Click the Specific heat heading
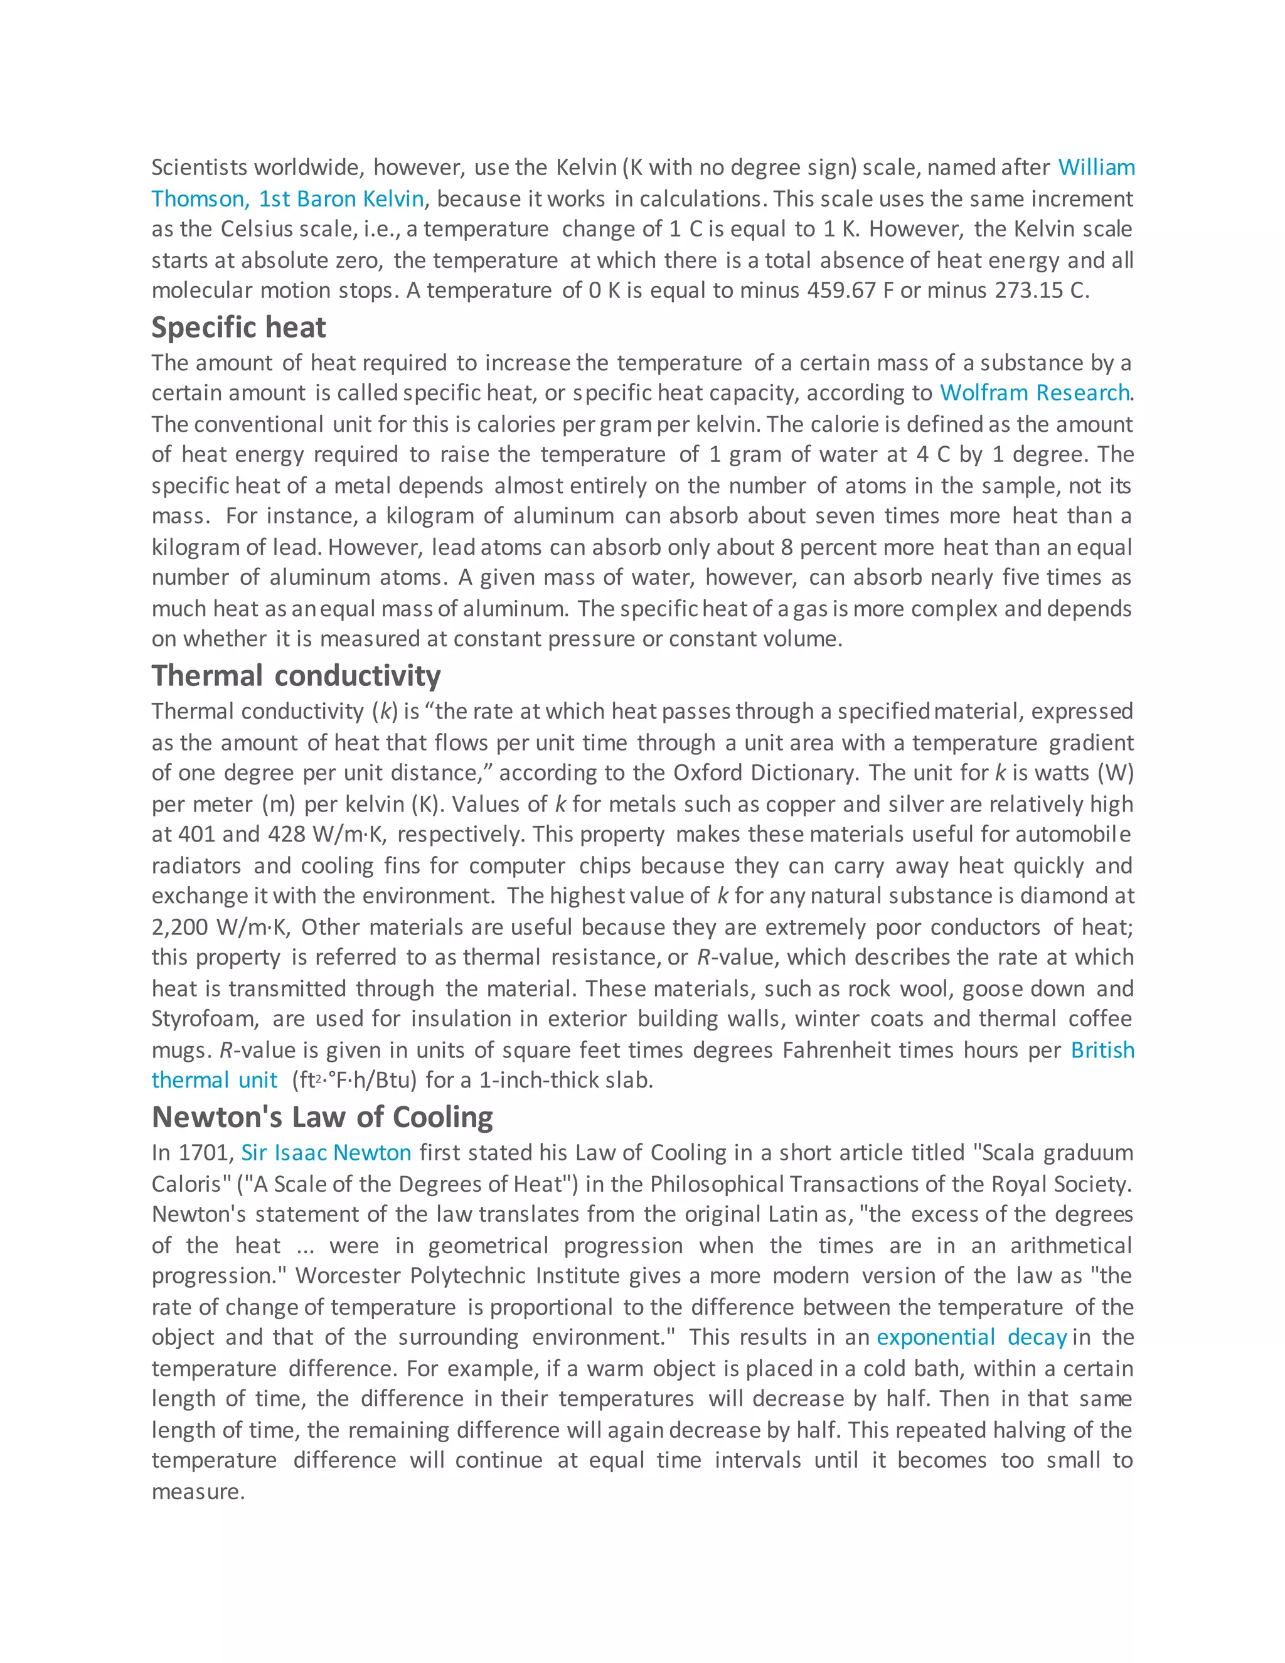pyautogui.click(x=238, y=328)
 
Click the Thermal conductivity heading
pyautogui.click(x=296, y=676)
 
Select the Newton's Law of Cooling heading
pyautogui.click(x=322, y=1117)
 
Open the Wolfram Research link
pyautogui.click(x=1035, y=393)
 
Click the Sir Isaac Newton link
pyautogui.click(x=326, y=1153)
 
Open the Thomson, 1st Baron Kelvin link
pyautogui.click(x=287, y=199)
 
